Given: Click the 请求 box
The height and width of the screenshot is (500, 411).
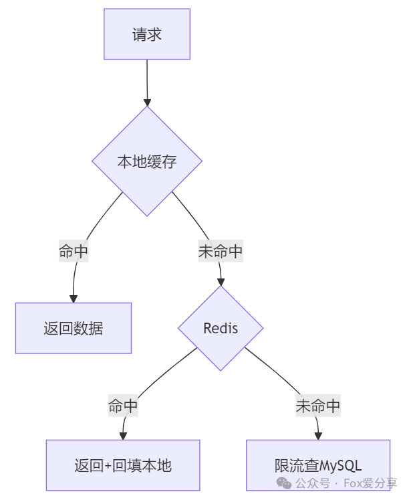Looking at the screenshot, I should (x=147, y=34).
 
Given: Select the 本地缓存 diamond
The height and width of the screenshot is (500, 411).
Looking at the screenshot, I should (x=147, y=161).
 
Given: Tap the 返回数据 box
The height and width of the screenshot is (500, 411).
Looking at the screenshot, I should (x=74, y=328).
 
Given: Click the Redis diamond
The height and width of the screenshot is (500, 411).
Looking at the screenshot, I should (x=221, y=329).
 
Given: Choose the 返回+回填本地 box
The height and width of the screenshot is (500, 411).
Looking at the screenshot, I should (x=123, y=465).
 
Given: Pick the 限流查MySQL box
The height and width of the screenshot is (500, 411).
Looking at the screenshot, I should (x=318, y=465).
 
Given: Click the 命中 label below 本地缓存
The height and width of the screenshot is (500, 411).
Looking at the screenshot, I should (x=74, y=252).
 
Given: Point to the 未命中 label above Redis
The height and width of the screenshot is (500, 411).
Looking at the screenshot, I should (x=221, y=252).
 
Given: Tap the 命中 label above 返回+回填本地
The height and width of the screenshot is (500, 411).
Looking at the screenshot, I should (x=123, y=406).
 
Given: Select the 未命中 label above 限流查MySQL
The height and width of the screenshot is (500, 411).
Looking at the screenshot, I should (x=318, y=406).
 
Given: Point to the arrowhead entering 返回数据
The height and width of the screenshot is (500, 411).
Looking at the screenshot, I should (x=74, y=299).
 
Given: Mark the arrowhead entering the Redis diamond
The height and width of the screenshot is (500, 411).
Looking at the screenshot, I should (x=221, y=282).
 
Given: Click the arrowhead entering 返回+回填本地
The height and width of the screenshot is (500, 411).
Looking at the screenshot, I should (x=123, y=436).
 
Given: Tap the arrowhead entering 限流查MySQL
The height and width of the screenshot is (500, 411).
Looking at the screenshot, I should (x=318, y=436).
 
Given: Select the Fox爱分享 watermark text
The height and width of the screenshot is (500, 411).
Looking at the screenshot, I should (x=370, y=483).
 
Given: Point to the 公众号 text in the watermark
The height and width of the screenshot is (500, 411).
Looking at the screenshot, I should (x=313, y=483).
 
